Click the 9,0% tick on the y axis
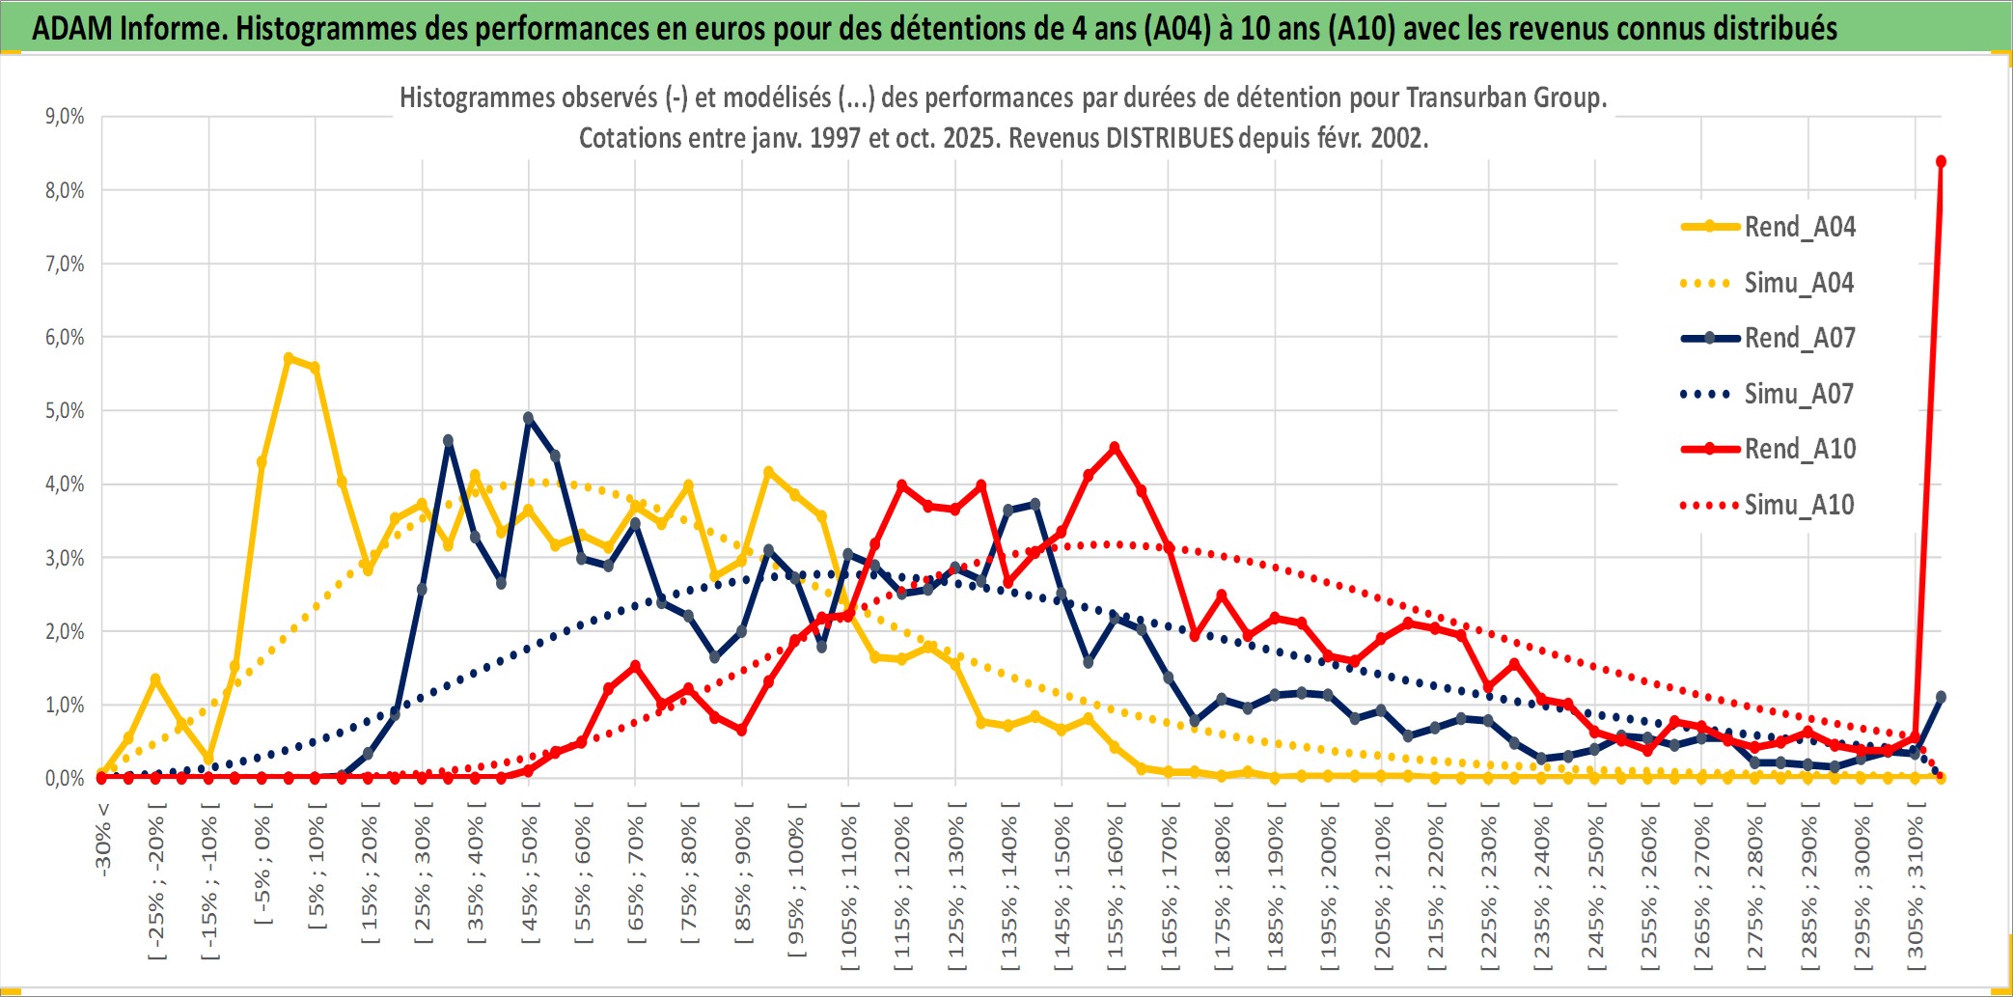tap(65, 117)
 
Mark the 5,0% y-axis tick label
tap(65, 411)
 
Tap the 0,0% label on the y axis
tap(65, 779)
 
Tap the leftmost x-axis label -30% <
tap(102, 840)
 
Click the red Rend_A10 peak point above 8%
tap(1941, 161)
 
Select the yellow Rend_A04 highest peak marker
tap(289, 358)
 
